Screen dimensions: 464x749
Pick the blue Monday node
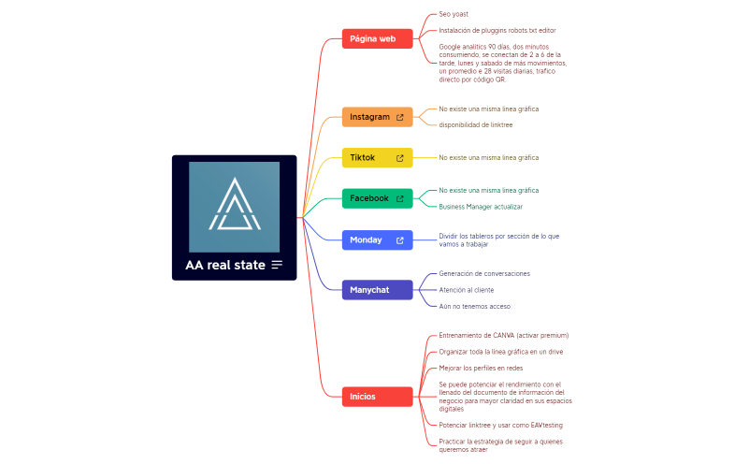pyautogui.click(x=366, y=240)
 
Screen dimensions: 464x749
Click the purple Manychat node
pyautogui.click(x=369, y=290)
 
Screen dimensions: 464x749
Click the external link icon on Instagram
pyautogui.click(x=400, y=118)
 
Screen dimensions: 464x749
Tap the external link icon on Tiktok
pyautogui.click(x=400, y=158)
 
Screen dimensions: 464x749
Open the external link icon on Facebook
pyautogui.click(x=400, y=199)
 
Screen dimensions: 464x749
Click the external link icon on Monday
pyautogui.click(x=400, y=240)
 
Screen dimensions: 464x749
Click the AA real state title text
pyautogui.click(x=225, y=265)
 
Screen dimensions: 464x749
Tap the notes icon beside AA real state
pyautogui.click(x=277, y=265)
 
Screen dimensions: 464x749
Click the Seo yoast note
pyautogui.click(x=454, y=14)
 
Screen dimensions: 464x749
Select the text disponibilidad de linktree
pyautogui.click(x=475, y=124)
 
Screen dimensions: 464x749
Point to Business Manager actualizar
pyautogui.click(x=480, y=206)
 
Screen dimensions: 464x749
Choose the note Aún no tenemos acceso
pyautogui.click(x=474, y=306)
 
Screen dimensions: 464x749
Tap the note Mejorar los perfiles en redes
pyautogui.click(x=481, y=368)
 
